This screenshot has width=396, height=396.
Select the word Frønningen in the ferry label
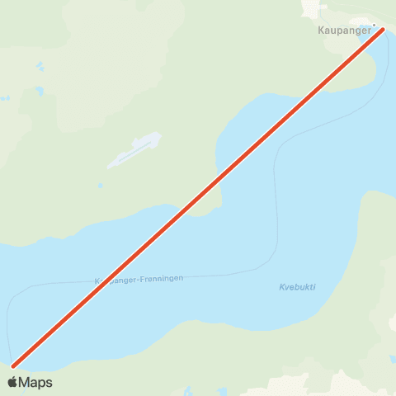point(158,278)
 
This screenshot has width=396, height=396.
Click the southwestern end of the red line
point(14,365)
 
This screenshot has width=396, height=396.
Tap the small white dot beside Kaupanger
point(374,25)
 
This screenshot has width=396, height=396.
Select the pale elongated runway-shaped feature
point(133,151)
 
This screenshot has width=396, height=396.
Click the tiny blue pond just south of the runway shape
point(100,186)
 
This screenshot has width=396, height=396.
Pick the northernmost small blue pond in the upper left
point(39,66)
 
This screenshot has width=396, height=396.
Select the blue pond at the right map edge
point(392,360)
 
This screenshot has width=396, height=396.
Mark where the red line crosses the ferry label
point(106,279)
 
